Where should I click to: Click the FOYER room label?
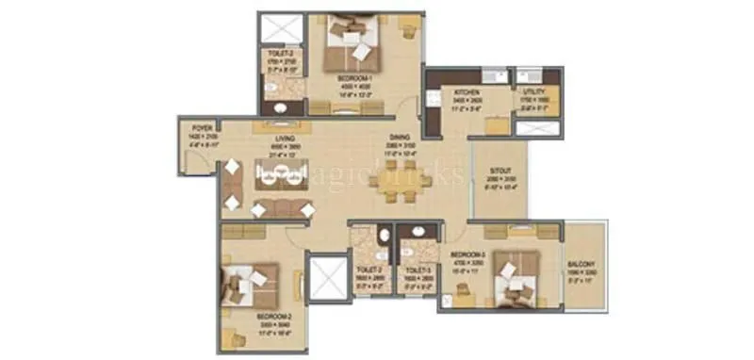(202, 125)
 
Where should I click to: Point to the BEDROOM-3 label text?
(467, 255)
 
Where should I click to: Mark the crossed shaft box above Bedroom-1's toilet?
(278, 27)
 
